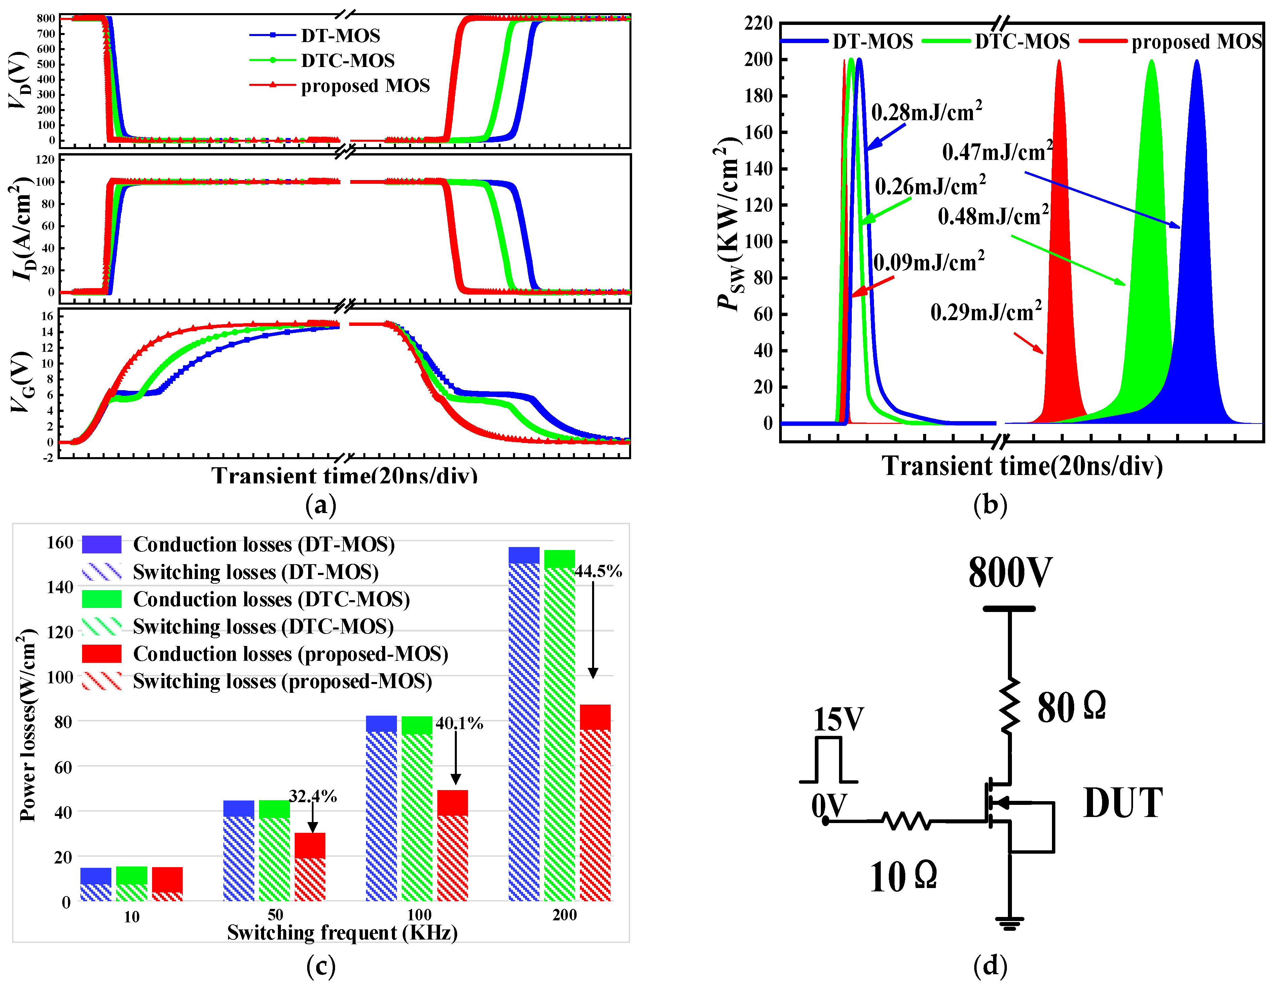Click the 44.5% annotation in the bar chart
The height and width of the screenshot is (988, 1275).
pyautogui.click(x=598, y=571)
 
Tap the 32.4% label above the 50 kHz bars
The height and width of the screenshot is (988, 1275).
pyautogui.click(x=313, y=796)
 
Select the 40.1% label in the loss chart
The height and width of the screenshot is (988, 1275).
pyautogui.click(x=460, y=723)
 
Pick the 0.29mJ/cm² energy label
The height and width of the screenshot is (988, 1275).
pyautogui.click(x=985, y=312)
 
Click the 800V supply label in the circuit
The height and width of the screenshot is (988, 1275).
pyautogui.click(x=1010, y=573)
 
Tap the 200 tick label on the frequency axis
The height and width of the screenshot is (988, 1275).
pyautogui.click(x=564, y=915)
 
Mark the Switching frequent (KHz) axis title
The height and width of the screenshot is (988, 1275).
pyautogui.click(x=342, y=932)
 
